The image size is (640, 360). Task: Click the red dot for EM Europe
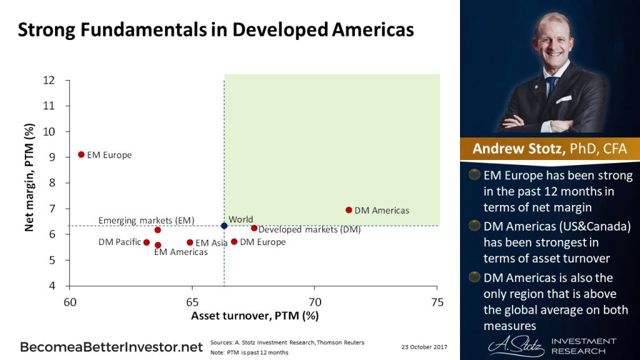click(x=81, y=154)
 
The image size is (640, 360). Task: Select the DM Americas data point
click(x=349, y=210)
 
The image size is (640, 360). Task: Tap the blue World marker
click(x=224, y=226)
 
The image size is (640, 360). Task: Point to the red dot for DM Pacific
click(x=147, y=242)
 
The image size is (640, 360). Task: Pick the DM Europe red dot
click(x=234, y=242)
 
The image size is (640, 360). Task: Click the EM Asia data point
click(x=190, y=242)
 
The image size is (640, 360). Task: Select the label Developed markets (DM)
click(x=309, y=230)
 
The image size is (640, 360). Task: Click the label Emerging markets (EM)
click(x=146, y=221)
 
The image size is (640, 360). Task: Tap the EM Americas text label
click(x=181, y=252)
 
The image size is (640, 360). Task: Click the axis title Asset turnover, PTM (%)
click(x=254, y=316)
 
